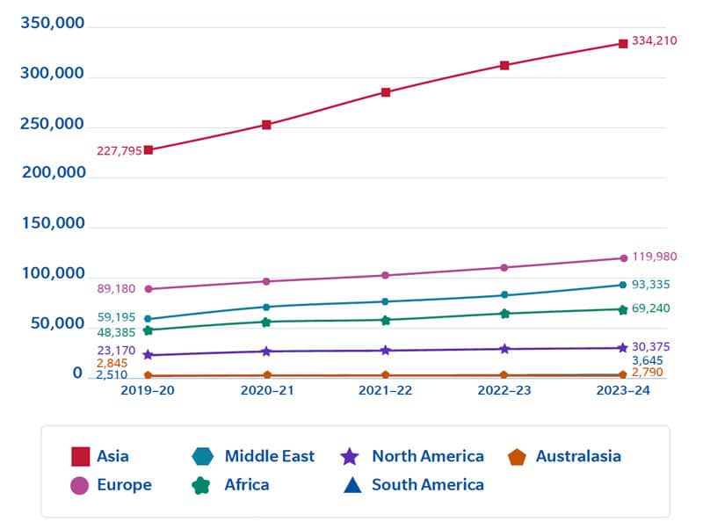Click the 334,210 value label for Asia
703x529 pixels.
click(x=654, y=40)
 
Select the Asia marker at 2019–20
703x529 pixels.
click(x=149, y=150)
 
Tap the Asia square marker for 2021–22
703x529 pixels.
click(x=386, y=92)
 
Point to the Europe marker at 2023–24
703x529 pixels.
click(x=623, y=258)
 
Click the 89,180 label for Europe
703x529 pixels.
click(x=117, y=288)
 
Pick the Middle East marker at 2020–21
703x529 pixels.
click(x=267, y=307)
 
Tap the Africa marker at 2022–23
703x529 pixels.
click(x=504, y=314)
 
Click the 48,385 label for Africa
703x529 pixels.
click(x=117, y=333)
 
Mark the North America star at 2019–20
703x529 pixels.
click(x=149, y=355)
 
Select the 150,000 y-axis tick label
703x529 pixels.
click(x=53, y=223)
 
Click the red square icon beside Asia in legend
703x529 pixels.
click(x=80, y=457)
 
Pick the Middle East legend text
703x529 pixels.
click(x=269, y=456)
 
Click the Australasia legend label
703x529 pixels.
click(x=578, y=456)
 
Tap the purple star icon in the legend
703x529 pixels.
click(x=350, y=457)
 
